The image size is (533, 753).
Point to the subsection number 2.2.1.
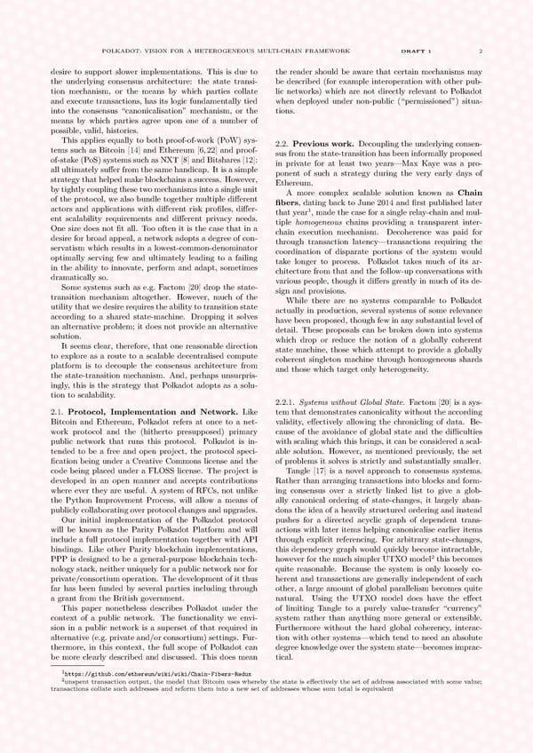point(291,402)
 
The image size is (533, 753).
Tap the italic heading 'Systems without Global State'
point(358,402)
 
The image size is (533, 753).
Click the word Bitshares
point(219,160)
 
